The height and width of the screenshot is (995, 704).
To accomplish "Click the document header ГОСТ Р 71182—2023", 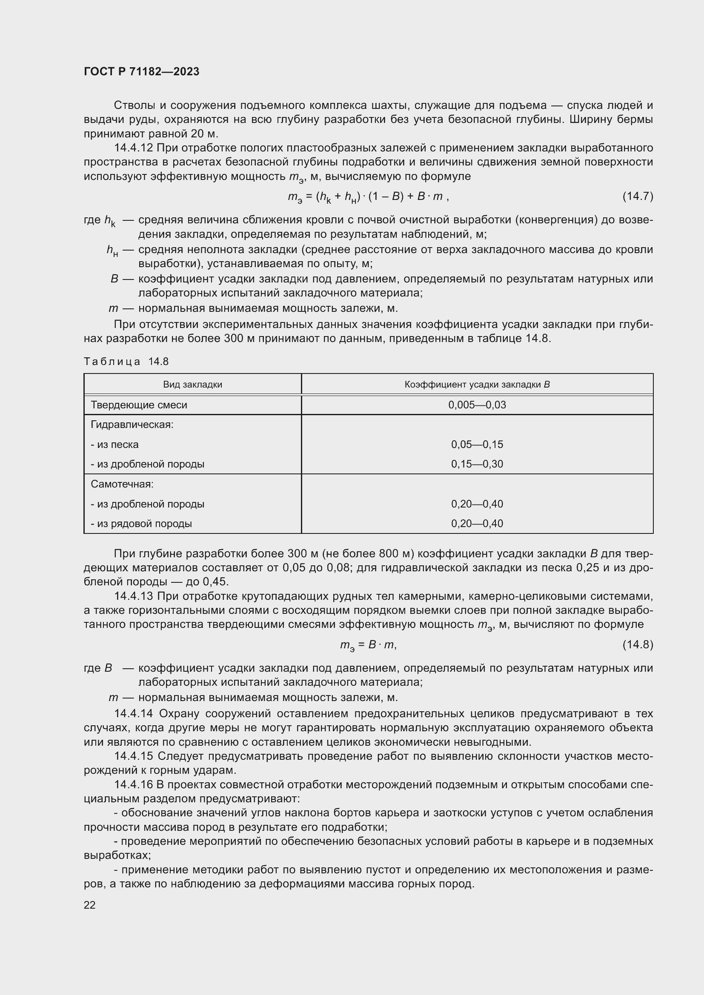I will (x=141, y=71).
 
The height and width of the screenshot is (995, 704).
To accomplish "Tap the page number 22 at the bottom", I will (x=89, y=904).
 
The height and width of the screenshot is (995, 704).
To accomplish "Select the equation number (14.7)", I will (x=637, y=196).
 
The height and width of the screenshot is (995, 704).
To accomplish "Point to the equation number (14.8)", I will (x=637, y=644).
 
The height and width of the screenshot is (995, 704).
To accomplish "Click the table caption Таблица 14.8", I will (x=126, y=362).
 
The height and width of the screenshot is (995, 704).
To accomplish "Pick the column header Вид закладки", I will (x=192, y=385).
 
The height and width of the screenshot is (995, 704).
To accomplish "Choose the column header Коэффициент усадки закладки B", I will (x=477, y=385).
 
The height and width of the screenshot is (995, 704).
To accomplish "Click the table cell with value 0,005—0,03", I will (x=477, y=405).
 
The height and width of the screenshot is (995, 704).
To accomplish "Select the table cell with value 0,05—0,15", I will (x=477, y=444).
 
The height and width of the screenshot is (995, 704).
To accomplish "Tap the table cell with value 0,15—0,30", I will (x=477, y=464).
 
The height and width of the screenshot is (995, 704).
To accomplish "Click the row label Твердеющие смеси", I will (x=139, y=405).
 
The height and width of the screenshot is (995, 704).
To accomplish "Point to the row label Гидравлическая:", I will (x=132, y=424).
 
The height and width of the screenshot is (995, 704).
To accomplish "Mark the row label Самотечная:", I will (x=122, y=484).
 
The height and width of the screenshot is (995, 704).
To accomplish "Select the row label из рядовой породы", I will (x=141, y=524).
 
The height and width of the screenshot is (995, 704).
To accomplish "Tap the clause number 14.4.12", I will (x=133, y=148).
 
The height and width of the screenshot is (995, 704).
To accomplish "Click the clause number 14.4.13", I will (x=133, y=596).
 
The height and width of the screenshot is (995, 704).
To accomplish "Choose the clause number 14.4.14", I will (x=133, y=713).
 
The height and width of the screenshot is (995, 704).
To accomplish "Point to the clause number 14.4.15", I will (x=133, y=756).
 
